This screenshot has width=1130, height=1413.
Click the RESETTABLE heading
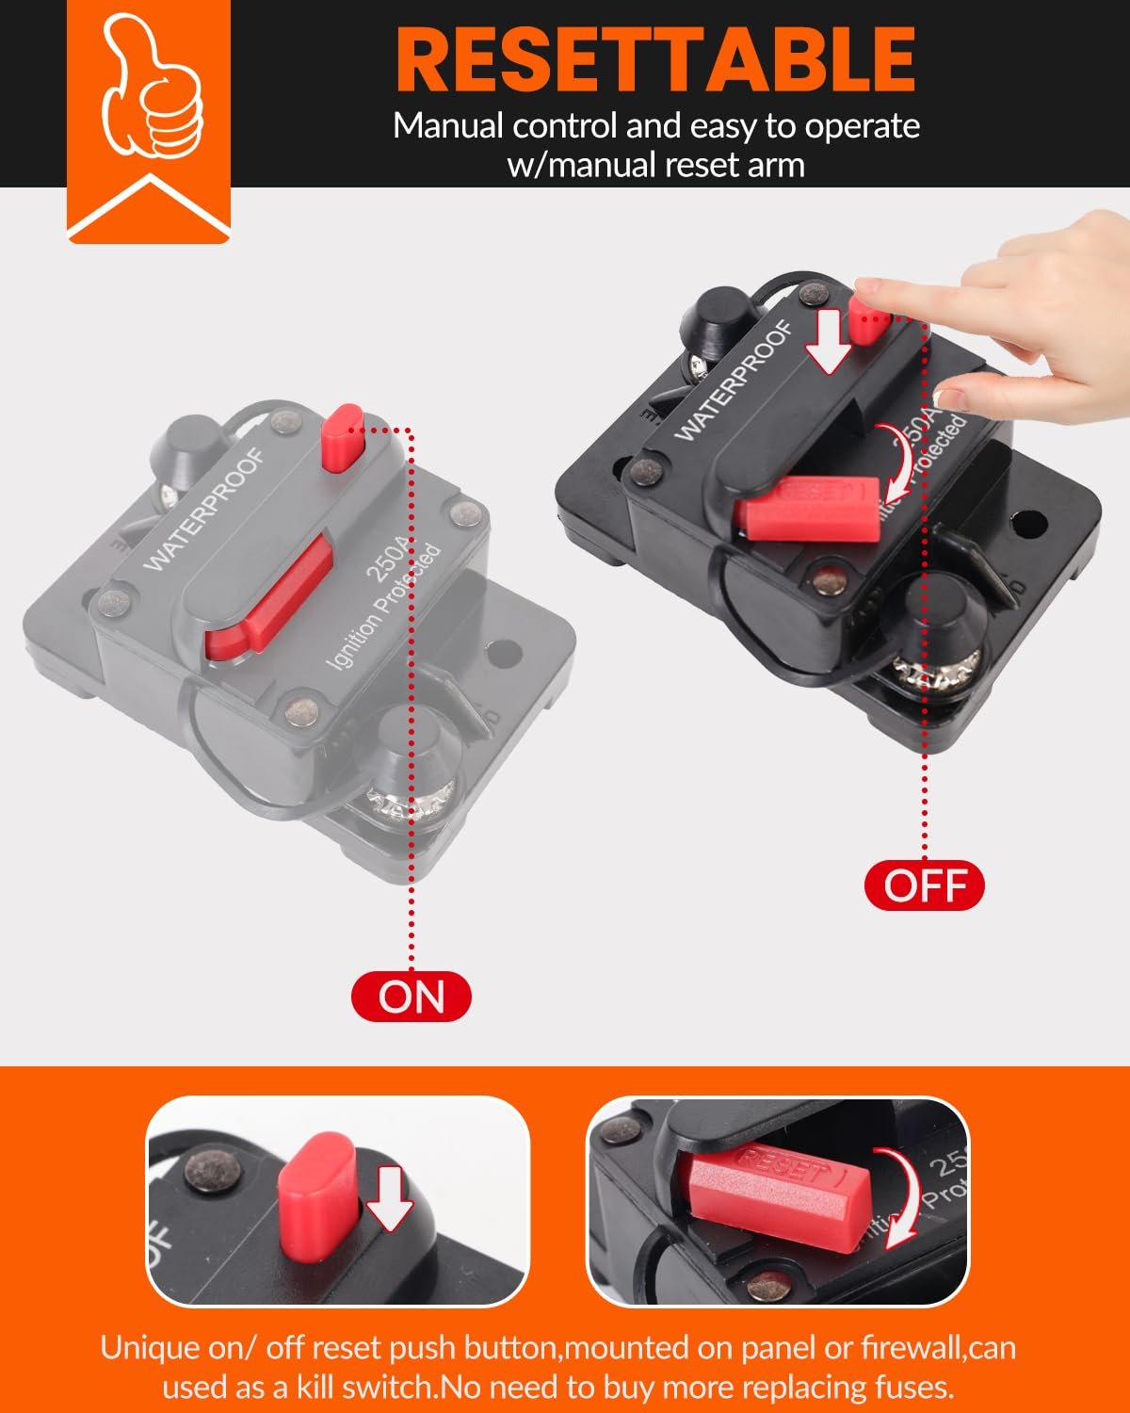[x=655, y=58]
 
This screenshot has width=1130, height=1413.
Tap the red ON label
[x=411, y=997]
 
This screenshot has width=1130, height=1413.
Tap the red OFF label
[x=924, y=886]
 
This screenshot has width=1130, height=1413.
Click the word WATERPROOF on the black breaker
[x=734, y=382]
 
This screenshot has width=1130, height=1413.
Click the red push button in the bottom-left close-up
[x=317, y=1194]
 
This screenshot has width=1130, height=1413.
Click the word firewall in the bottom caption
[x=912, y=1347]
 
